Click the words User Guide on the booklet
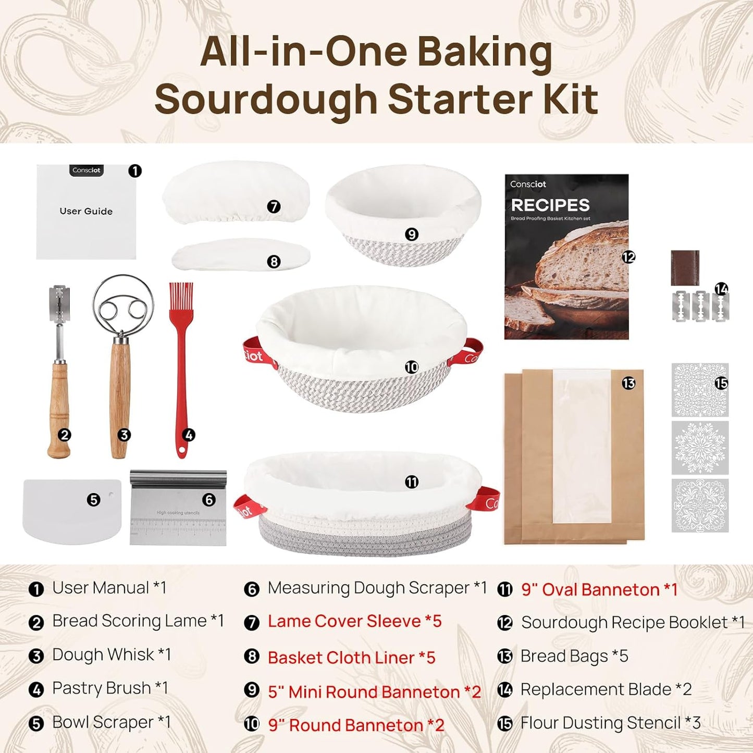pyautogui.click(x=86, y=211)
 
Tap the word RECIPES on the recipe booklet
pyautogui.click(x=550, y=205)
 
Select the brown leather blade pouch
pyautogui.click(x=685, y=268)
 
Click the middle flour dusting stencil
pyautogui.click(x=700, y=448)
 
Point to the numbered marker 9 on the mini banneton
pyautogui.click(x=412, y=234)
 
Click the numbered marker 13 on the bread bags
pyautogui.click(x=628, y=384)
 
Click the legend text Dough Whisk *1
pyautogui.click(x=112, y=655)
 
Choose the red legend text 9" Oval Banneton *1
pyautogui.click(x=599, y=589)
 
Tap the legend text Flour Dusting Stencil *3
pyautogui.click(x=610, y=723)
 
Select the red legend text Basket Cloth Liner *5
pyautogui.click(x=351, y=658)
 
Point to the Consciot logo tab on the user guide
pyautogui.click(x=87, y=170)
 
